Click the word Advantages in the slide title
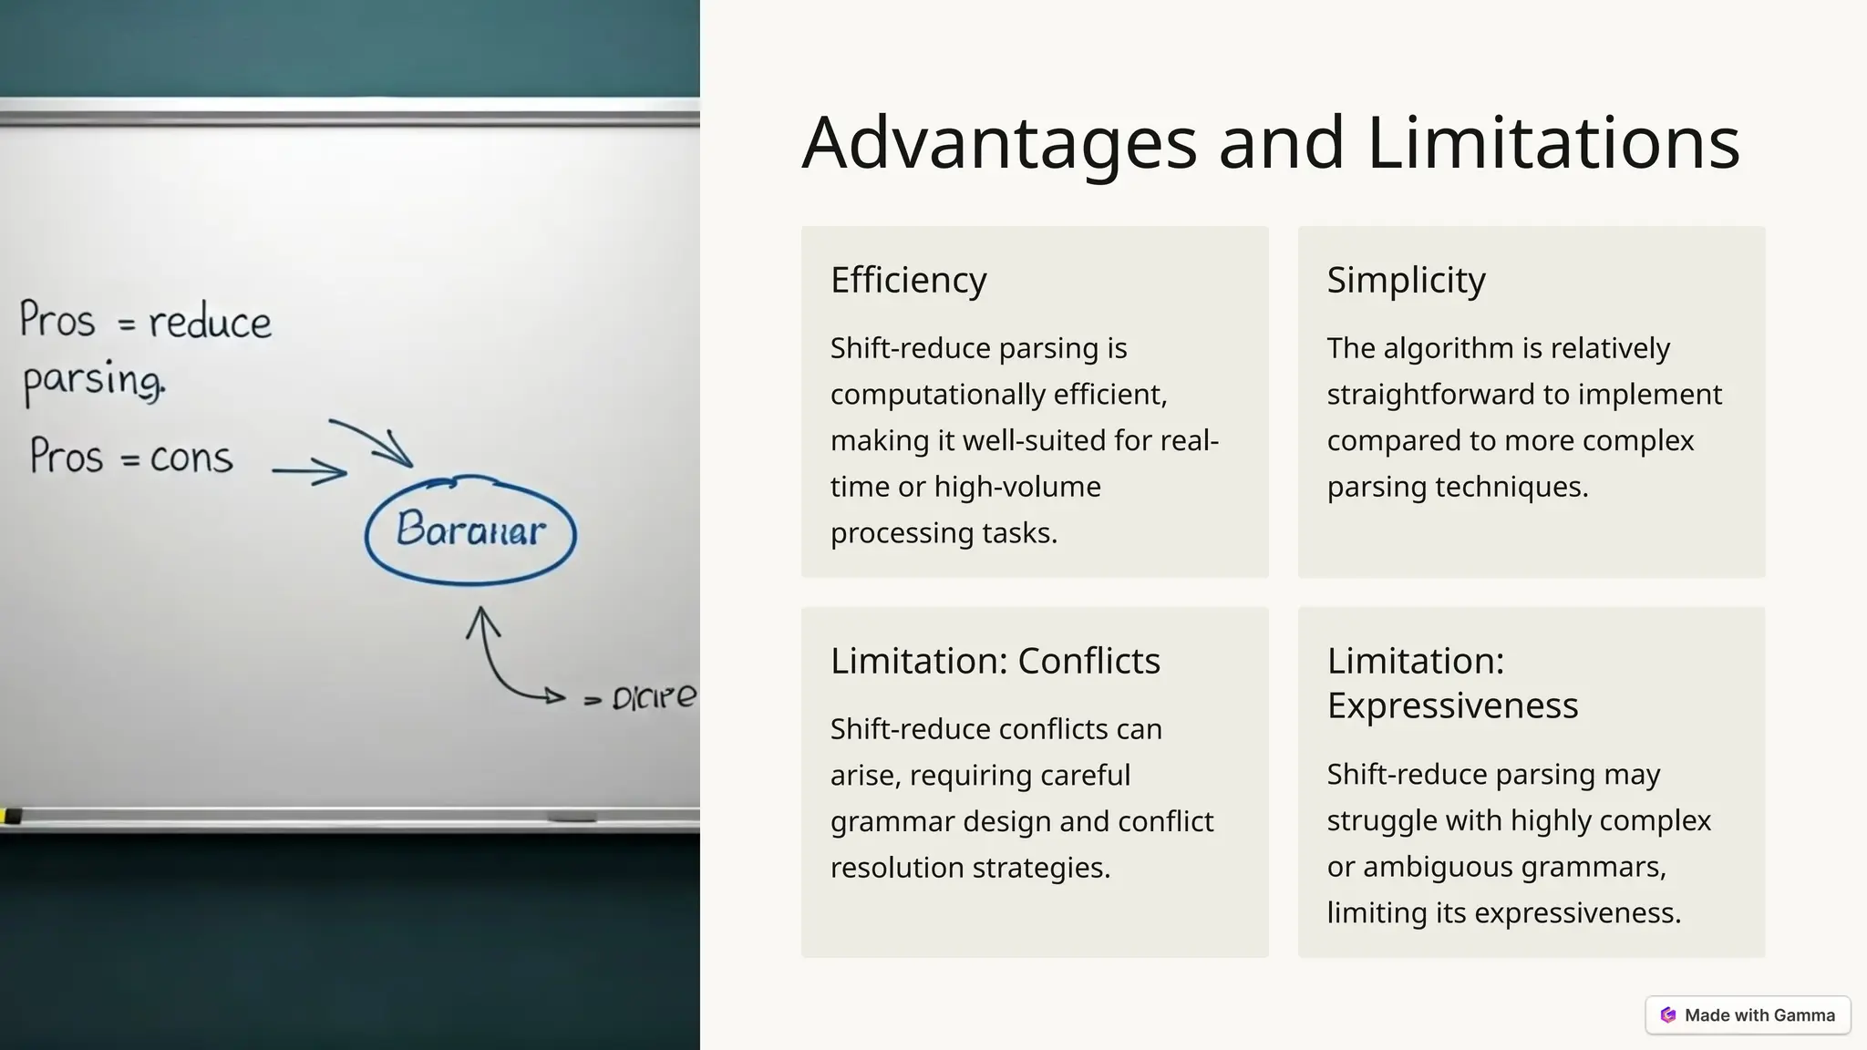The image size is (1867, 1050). (x=999, y=143)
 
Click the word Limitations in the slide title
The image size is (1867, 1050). (x=1553, y=143)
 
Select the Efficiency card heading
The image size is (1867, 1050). (x=908, y=280)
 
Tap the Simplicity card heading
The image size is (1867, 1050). (x=1406, y=280)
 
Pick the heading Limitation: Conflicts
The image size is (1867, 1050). (x=995, y=661)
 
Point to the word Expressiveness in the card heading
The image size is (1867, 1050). (x=1452, y=705)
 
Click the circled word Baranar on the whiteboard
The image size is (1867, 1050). (x=470, y=530)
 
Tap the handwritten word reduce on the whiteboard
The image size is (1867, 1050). (x=210, y=323)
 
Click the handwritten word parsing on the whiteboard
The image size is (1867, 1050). (x=93, y=380)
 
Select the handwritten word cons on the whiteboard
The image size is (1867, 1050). (x=191, y=458)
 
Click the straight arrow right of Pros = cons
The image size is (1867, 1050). (x=310, y=472)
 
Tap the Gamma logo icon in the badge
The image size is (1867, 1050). (x=1668, y=1015)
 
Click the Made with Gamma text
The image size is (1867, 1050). (x=1759, y=1015)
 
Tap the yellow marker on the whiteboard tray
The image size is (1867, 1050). (x=11, y=816)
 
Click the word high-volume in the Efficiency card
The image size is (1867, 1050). (x=1017, y=487)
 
